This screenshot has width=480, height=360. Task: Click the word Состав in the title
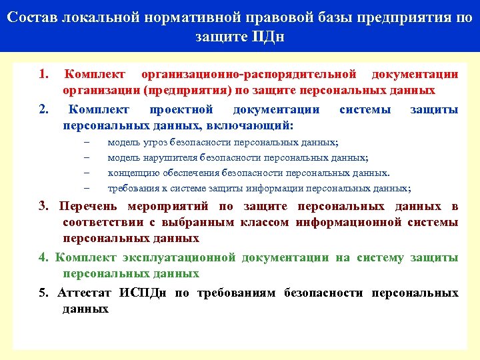coord(35,17)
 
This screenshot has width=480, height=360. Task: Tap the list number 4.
coord(43,257)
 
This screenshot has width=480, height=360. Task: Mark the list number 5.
coord(43,293)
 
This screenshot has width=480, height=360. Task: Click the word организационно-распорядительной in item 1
coord(253,74)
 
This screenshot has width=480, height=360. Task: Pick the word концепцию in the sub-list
coord(131,173)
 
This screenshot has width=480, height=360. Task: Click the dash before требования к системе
coord(87,188)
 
